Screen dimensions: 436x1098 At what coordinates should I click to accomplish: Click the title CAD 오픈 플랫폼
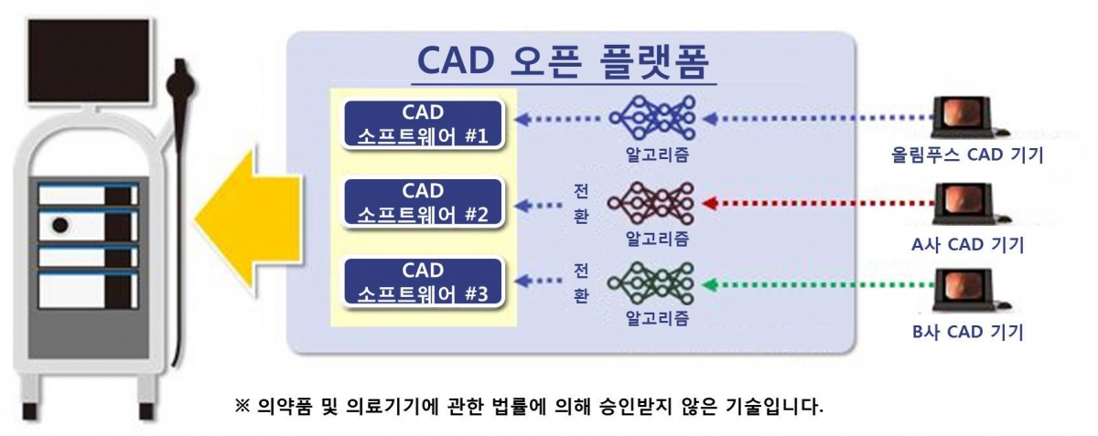pyautogui.click(x=565, y=61)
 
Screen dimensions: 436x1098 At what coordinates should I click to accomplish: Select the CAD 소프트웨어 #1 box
pyautogui.click(x=423, y=124)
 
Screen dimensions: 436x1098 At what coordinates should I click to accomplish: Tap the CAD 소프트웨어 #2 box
pyautogui.click(x=423, y=203)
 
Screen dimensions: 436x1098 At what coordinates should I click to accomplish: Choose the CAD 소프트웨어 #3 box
pyautogui.click(x=423, y=282)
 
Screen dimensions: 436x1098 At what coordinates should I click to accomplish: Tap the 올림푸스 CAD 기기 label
pyautogui.click(x=968, y=155)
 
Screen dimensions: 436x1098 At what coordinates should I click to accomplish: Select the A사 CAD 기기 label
pyautogui.click(x=968, y=244)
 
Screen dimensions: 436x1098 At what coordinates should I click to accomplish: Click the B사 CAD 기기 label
pyautogui.click(x=968, y=332)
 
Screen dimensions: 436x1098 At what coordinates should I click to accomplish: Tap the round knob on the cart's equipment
pyautogui.click(x=60, y=224)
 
